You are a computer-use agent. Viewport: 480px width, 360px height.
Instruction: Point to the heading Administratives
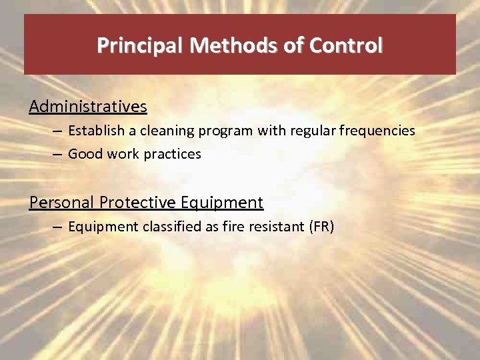click(88, 107)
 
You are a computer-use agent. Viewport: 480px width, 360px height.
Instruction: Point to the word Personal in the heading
click(61, 203)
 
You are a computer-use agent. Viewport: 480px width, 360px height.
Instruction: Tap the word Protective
click(138, 203)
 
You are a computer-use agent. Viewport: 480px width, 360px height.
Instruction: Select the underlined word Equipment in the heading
click(222, 203)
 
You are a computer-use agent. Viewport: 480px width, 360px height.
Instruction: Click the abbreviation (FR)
click(321, 227)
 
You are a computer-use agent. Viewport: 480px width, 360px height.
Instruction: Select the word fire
click(238, 227)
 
